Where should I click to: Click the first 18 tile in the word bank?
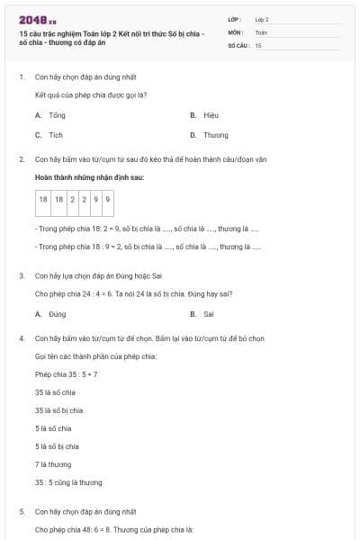pos(43,199)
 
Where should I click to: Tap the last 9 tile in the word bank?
pos(108,199)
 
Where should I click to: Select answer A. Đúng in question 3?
pos(51,314)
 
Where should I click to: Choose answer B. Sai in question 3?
pos(202,314)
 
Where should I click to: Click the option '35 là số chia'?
pos(55,392)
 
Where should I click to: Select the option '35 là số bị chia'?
pos(58,410)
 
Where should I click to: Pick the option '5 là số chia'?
pos(53,428)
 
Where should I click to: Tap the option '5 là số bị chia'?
pos(57,446)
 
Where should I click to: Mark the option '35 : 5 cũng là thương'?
pos(68,482)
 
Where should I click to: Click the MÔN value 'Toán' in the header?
pos(261,31)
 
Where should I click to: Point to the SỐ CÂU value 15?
pos(258,45)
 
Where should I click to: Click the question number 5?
pos(22,511)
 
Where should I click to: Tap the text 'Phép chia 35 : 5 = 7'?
pos(66,374)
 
